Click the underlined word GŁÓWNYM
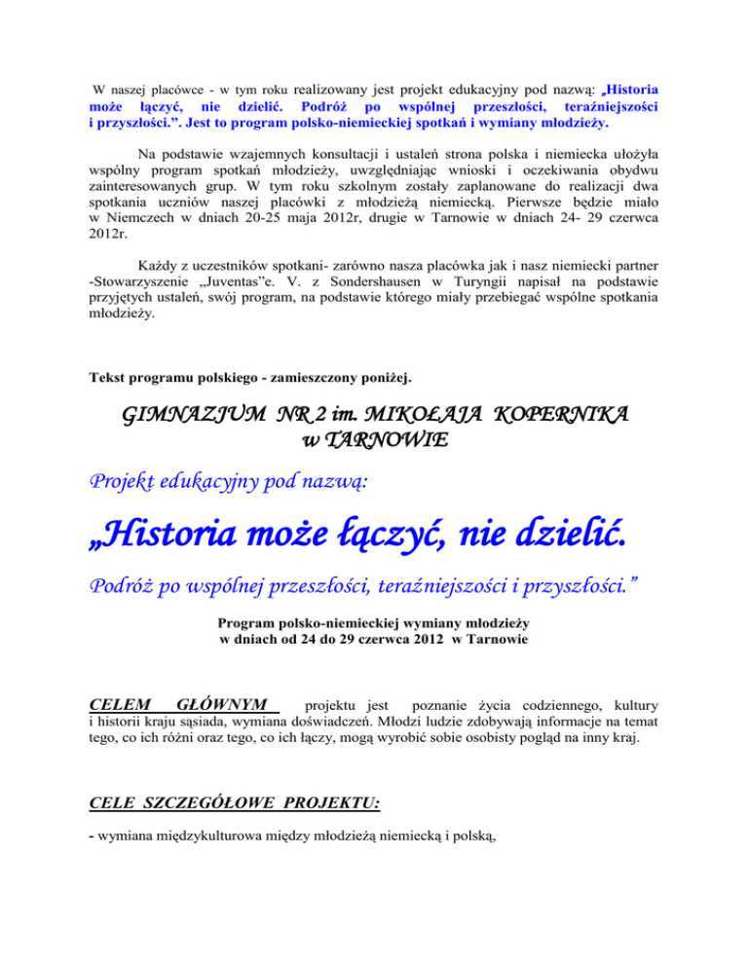coord(223,704)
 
